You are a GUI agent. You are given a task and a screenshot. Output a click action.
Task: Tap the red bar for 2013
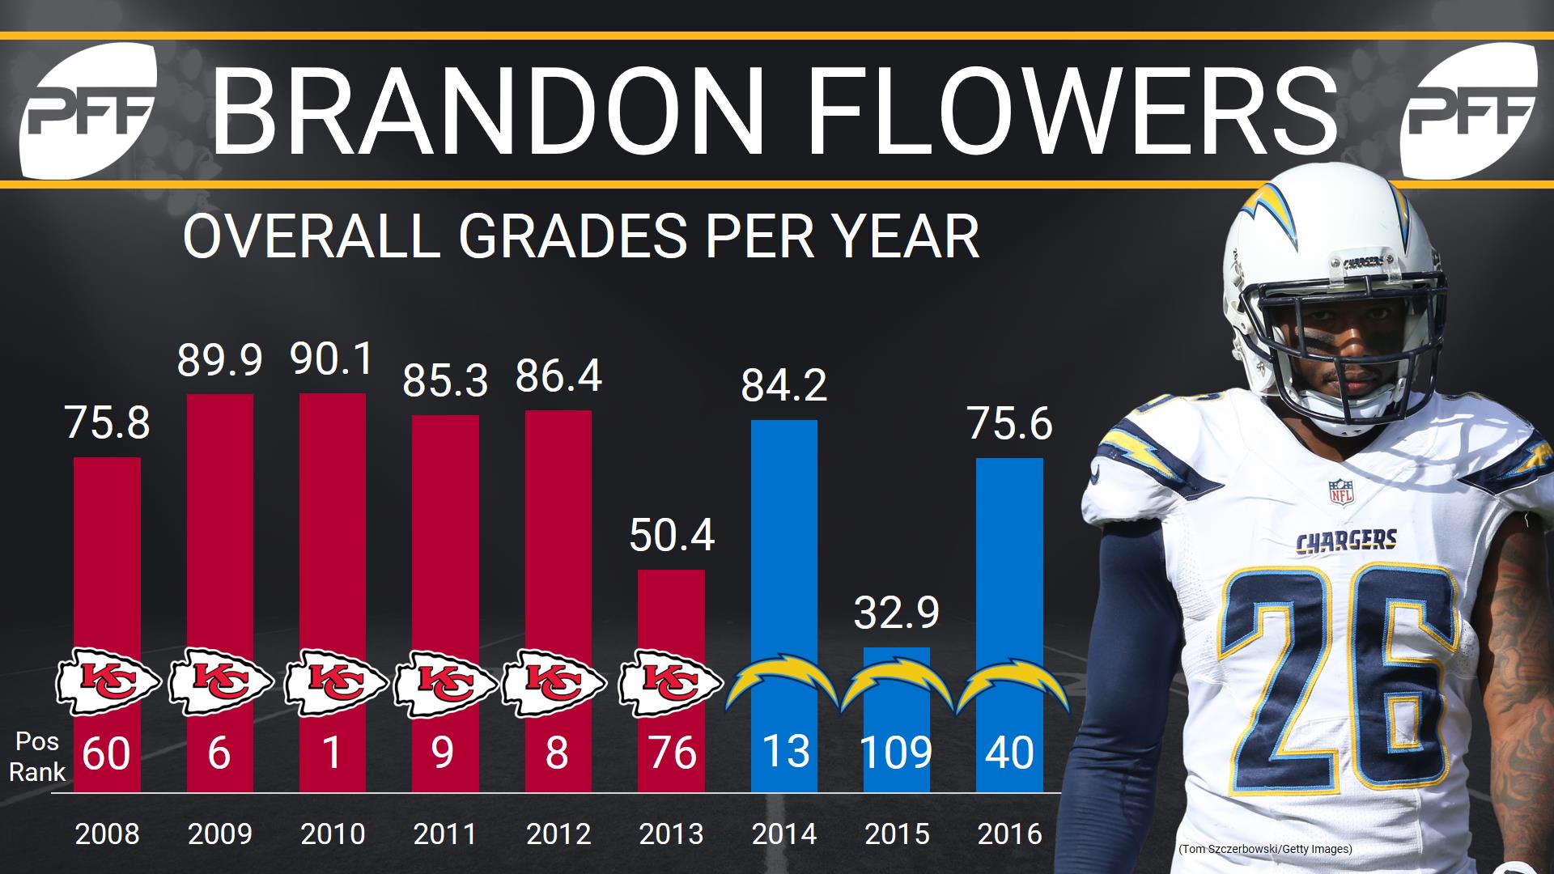coord(671,615)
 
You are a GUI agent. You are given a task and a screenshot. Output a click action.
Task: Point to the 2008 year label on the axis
coord(107,834)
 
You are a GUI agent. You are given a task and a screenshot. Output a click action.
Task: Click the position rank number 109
coord(896,753)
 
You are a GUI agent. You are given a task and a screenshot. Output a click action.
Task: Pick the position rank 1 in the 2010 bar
coord(332,753)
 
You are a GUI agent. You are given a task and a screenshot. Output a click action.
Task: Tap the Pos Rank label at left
coord(36,757)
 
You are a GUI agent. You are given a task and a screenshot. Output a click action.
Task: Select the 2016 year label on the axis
coord(1009,834)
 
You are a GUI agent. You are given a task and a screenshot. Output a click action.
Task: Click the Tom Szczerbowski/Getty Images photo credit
coord(1265,849)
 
